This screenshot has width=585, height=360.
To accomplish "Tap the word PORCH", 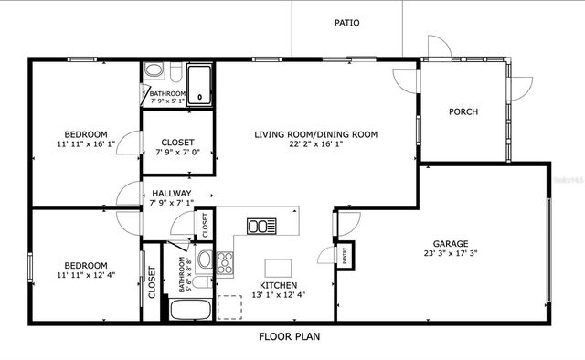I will (463, 111).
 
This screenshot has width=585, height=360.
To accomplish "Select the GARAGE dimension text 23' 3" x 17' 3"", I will (451, 256).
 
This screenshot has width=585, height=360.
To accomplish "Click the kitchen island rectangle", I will (279, 267).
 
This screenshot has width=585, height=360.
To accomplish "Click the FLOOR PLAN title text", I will (288, 335).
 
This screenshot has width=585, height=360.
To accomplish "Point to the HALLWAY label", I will (171, 193).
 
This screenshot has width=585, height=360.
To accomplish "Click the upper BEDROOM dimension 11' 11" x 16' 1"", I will (86, 143).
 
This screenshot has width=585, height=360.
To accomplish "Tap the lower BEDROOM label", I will (86, 265).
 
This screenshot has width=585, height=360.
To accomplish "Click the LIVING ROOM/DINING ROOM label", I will (315, 133).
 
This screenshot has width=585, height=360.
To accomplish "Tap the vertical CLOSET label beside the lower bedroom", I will (152, 283).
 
